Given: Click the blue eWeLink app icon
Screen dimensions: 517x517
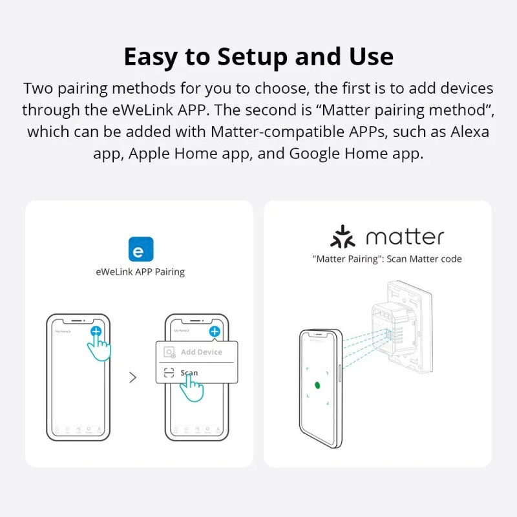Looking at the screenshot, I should [x=141, y=249].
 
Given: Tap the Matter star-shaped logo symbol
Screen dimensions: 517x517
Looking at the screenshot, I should [x=343, y=237].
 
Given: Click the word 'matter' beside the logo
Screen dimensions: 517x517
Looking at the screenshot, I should [x=405, y=237].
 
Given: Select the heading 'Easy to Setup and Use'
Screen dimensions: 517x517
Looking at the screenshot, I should [x=258, y=57].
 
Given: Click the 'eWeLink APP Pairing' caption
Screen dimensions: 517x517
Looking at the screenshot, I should [x=140, y=272].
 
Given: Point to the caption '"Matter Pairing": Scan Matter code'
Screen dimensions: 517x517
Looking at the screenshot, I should [x=386, y=259].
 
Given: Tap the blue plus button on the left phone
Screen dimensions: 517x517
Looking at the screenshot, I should [x=96, y=331].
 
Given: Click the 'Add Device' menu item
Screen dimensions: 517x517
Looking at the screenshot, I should [x=201, y=352].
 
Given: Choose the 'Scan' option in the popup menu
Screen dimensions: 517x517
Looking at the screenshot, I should [x=189, y=373].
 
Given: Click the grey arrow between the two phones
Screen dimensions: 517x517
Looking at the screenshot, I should [x=133, y=377].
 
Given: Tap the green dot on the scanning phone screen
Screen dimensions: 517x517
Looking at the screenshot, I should [x=317, y=385].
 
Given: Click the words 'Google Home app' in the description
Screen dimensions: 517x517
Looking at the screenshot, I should [x=355, y=154].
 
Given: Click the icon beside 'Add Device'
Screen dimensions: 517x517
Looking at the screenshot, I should [x=169, y=353].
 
